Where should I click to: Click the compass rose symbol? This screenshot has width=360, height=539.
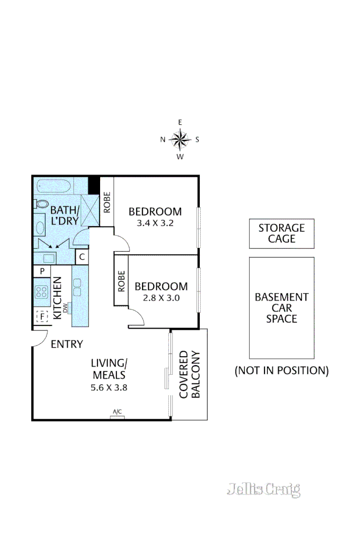click(x=179, y=139)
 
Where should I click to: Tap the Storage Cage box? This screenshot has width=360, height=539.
click(x=282, y=233)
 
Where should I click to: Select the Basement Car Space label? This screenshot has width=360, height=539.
click(x=282, y=308)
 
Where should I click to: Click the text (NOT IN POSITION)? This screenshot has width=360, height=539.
click(x=282, y=371)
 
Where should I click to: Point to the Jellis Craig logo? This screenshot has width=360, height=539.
click(x=263, y=489)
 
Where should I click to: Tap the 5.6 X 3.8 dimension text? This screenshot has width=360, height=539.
click(x=108, y=388)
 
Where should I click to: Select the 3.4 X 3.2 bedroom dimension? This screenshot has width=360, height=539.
click(x=155, y=223)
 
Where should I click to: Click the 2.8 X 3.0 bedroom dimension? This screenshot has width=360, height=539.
click(x=161, y=298)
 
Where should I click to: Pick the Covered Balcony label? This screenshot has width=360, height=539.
click(x=190, y=374)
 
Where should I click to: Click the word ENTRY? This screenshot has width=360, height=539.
click(x=67, y=345)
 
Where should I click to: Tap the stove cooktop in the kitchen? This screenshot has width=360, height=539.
click(x=41, y=291)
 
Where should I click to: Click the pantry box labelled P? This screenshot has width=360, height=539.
click(x=41, y=271)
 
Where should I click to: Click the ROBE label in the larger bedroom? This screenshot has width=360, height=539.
click(x=107, y=202)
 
